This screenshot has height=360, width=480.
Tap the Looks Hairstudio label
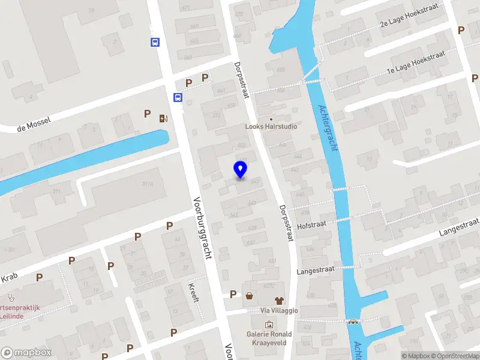(x=271, y=127)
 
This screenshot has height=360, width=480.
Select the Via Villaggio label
(x=278, y=310)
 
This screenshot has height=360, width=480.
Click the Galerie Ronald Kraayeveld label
(x=269, y=338)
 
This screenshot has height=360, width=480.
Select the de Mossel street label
(x=34, y=124)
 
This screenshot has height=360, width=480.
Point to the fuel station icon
(x=163, y=118)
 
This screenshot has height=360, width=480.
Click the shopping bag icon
(x=249, y=295)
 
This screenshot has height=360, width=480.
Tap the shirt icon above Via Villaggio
(x=278, y=300)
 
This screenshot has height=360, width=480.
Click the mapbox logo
(x=26, y=353)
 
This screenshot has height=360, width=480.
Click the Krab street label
(x=9, y=278)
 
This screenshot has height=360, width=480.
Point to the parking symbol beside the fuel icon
(x=147, y=114)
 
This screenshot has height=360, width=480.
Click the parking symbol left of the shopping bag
(x=233, y=294)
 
